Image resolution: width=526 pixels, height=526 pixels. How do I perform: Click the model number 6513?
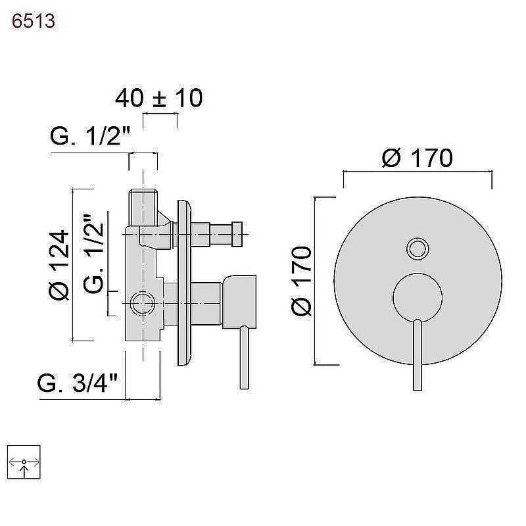pyautogui.click(x=34, y=21)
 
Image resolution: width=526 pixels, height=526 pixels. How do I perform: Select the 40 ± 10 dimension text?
pyautogui.click(x=158, y=97)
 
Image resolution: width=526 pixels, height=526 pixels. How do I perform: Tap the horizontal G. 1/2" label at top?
pyautogui.click(x=90, y=136)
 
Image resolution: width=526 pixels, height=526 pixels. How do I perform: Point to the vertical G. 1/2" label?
pyautogui.click(x=93, y=254)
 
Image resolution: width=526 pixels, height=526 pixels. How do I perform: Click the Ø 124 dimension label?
pyautogui.click(x=59, y=264)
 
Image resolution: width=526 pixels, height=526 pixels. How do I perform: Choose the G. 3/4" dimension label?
pyautogui.click(x=77, y=383)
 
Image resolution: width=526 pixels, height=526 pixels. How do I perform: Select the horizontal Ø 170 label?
pyautogui.click(x=417, y=158)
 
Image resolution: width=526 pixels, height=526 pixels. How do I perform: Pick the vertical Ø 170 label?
pyautogui.click(x=301, y=281)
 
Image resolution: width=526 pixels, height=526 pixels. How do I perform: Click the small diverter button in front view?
pyautogui.click(x=418, y=249)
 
